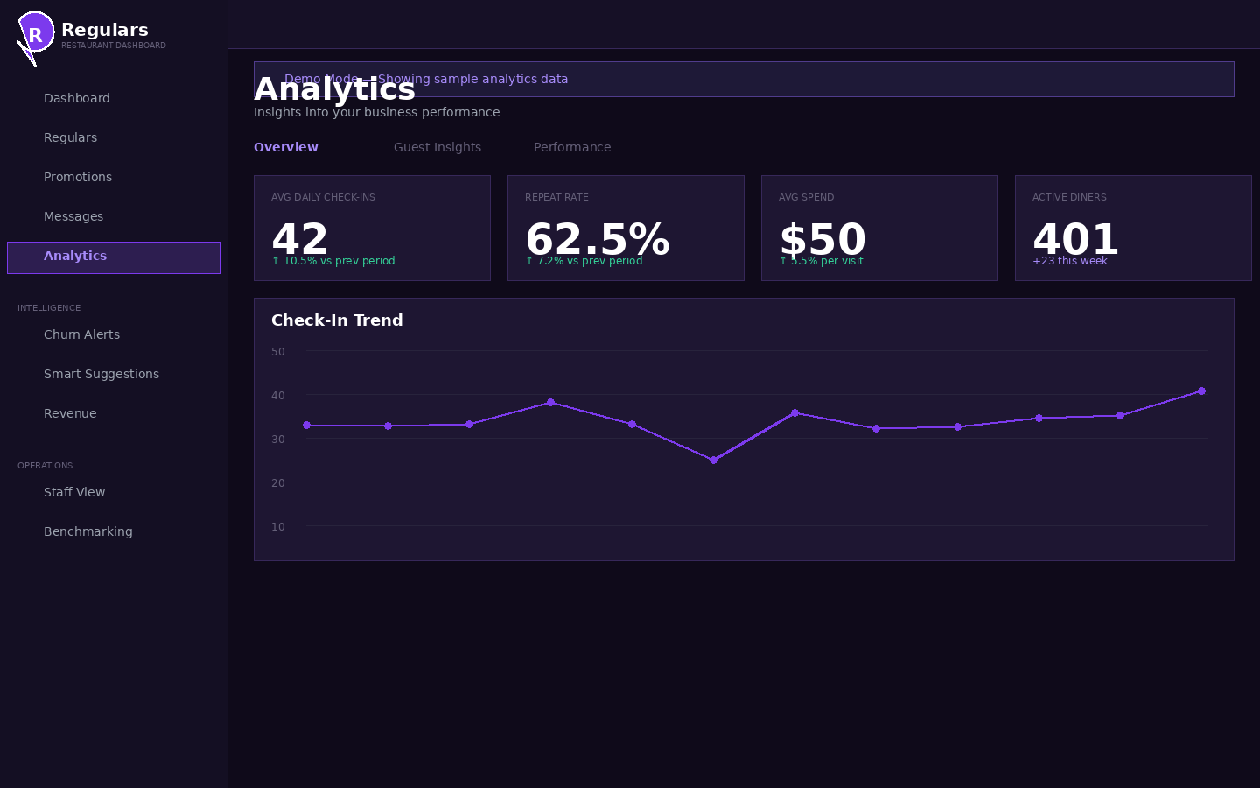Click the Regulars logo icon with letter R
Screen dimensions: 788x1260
tap(35, 34)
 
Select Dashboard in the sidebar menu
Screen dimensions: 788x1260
tap(77, 98)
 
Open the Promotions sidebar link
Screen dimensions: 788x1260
tap(78, 177)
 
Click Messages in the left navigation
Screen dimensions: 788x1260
tap(73, 216)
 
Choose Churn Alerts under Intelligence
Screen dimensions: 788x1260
tap(81, 334)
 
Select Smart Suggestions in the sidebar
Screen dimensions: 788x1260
tap(101, 374)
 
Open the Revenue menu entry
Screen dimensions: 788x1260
tap(70, 413)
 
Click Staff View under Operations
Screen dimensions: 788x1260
tap(74, 492)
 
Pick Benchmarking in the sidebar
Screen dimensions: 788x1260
tap(88, 531)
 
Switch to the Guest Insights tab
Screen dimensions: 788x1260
tap(437, 147)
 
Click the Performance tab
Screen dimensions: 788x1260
tap(572, 147)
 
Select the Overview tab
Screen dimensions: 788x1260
tap(286, 147)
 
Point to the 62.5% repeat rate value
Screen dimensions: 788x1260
tap(598, 238)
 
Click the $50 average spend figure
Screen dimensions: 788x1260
tap(822, 238)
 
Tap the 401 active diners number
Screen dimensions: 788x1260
tap(1075, 238)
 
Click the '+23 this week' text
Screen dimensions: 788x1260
tap(1069, 261)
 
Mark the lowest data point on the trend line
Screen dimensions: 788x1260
tap(713, 460)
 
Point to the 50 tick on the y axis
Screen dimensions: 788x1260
tap(278, 352)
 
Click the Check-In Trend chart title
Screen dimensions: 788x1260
tap(337, 320)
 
